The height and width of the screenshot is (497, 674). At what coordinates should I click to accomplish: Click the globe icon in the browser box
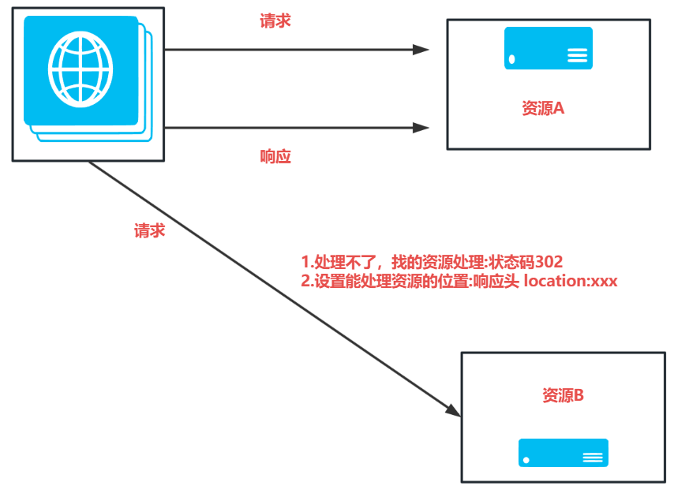[x=80, y=69]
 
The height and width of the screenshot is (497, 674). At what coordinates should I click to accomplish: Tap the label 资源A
[x=543, y=109]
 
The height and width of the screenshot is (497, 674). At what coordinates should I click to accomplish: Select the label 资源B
[x=563, y=395]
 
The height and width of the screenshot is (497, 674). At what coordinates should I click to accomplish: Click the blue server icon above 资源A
[x=549, y=48]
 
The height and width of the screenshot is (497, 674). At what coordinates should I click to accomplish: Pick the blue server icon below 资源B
[x=563, y=453]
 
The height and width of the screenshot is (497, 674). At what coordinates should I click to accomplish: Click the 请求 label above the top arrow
[x=275, y=21]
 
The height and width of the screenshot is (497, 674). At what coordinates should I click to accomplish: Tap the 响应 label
[x=275, y=156]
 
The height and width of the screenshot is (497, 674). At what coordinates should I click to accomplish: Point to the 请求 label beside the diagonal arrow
[x=149, y=230]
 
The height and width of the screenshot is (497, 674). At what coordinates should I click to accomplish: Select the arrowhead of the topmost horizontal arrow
[x=421, y=49]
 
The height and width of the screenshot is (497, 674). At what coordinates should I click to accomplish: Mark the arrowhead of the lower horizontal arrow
[x=421, y=127]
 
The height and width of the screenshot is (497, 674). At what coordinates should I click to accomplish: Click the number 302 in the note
[x=548, y=262]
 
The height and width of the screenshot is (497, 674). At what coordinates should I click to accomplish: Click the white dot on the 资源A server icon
[x=512, y=58]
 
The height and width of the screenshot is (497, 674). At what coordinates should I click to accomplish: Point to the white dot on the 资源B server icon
[x=526, y=460]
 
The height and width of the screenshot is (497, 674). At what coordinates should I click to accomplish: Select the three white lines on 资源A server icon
[x=578, y=55]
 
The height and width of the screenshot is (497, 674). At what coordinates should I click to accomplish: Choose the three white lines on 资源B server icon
[x=593, y=458]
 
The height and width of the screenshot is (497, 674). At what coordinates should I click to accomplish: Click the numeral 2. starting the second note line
[x=307, y=281]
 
